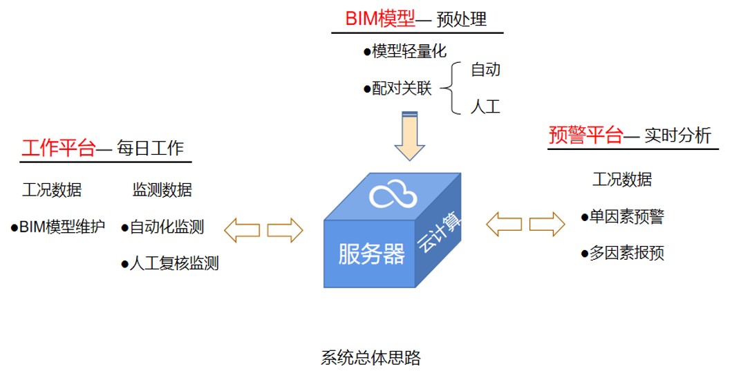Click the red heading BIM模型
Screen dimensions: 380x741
tap(380, 18)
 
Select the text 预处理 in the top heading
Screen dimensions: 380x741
tap(462, 19)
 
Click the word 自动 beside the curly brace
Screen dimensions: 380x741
tap(485, 70)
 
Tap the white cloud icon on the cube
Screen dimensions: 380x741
tap(393, 195)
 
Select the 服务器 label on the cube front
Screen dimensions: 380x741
tap(371, 254)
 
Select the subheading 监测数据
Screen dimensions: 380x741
tap(162, 190)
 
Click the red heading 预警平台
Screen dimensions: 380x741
tap(585, 135)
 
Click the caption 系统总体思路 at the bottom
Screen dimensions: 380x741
tap(370, 358)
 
